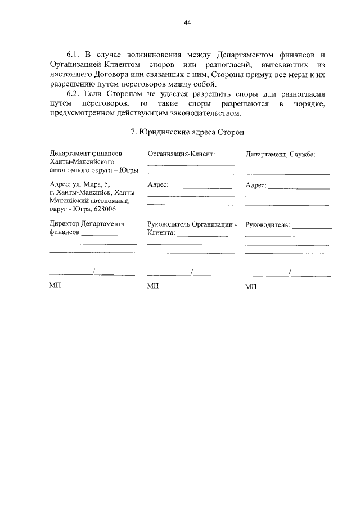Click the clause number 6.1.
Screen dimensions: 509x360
[74, 55]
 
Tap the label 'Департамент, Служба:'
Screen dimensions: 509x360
[281, 154]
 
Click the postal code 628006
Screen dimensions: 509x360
[105, 209]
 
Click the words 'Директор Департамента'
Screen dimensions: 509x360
[87, 224]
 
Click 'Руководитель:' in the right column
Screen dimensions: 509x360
[268, 224]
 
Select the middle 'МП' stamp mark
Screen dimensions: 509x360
[153, 286]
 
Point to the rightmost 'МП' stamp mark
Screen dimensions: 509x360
[251, 286]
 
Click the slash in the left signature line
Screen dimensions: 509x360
[94, 272]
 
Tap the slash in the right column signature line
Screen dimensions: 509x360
[289, 273]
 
